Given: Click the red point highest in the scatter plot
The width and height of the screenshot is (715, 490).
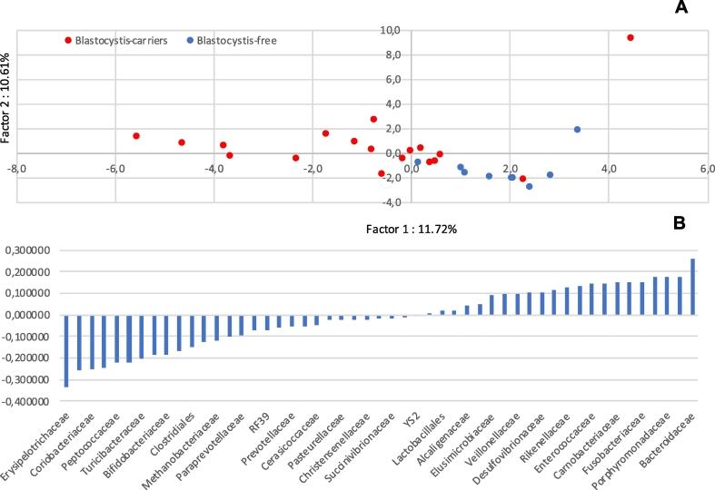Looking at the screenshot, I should click(631, 38).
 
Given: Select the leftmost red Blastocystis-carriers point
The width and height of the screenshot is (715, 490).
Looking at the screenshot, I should click(136, 136).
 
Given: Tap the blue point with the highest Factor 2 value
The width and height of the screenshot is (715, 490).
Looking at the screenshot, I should click(577, 130).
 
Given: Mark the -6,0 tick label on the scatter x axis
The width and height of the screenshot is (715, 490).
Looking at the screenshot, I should click(114, 169).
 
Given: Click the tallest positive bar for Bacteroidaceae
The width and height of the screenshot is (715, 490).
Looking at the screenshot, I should click(692, 287).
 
